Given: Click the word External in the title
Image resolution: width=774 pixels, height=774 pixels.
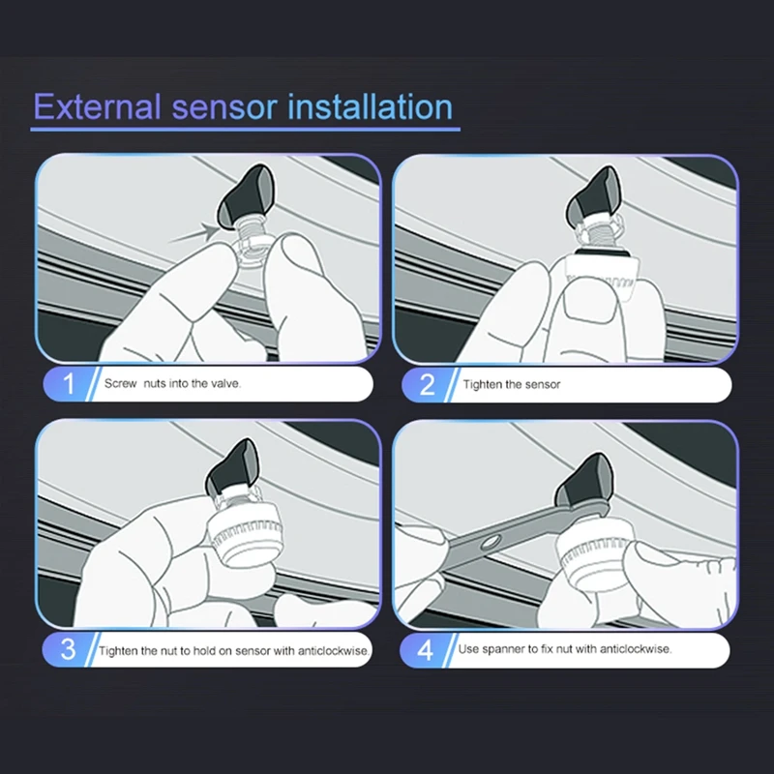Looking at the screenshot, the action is (x=98, y=106).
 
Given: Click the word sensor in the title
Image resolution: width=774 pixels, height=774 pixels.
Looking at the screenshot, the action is (x=224, y=107).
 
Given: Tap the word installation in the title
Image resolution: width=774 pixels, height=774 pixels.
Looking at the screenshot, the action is (x=371, y=106).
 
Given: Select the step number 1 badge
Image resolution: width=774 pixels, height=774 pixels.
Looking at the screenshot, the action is (x=69, y=383).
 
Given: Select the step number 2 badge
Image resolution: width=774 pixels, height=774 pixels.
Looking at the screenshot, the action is (x=427, y=384).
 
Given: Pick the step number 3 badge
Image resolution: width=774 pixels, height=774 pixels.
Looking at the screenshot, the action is (x=68, y=649).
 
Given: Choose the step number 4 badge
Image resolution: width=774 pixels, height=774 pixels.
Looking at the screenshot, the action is (x=425, y=650).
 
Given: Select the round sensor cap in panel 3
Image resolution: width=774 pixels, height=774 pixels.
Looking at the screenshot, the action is (x=246, y=534).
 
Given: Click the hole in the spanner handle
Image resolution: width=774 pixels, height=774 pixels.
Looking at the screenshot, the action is (x=491, y=543).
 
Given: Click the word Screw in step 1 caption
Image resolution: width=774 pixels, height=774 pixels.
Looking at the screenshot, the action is (x=120, y=383).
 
